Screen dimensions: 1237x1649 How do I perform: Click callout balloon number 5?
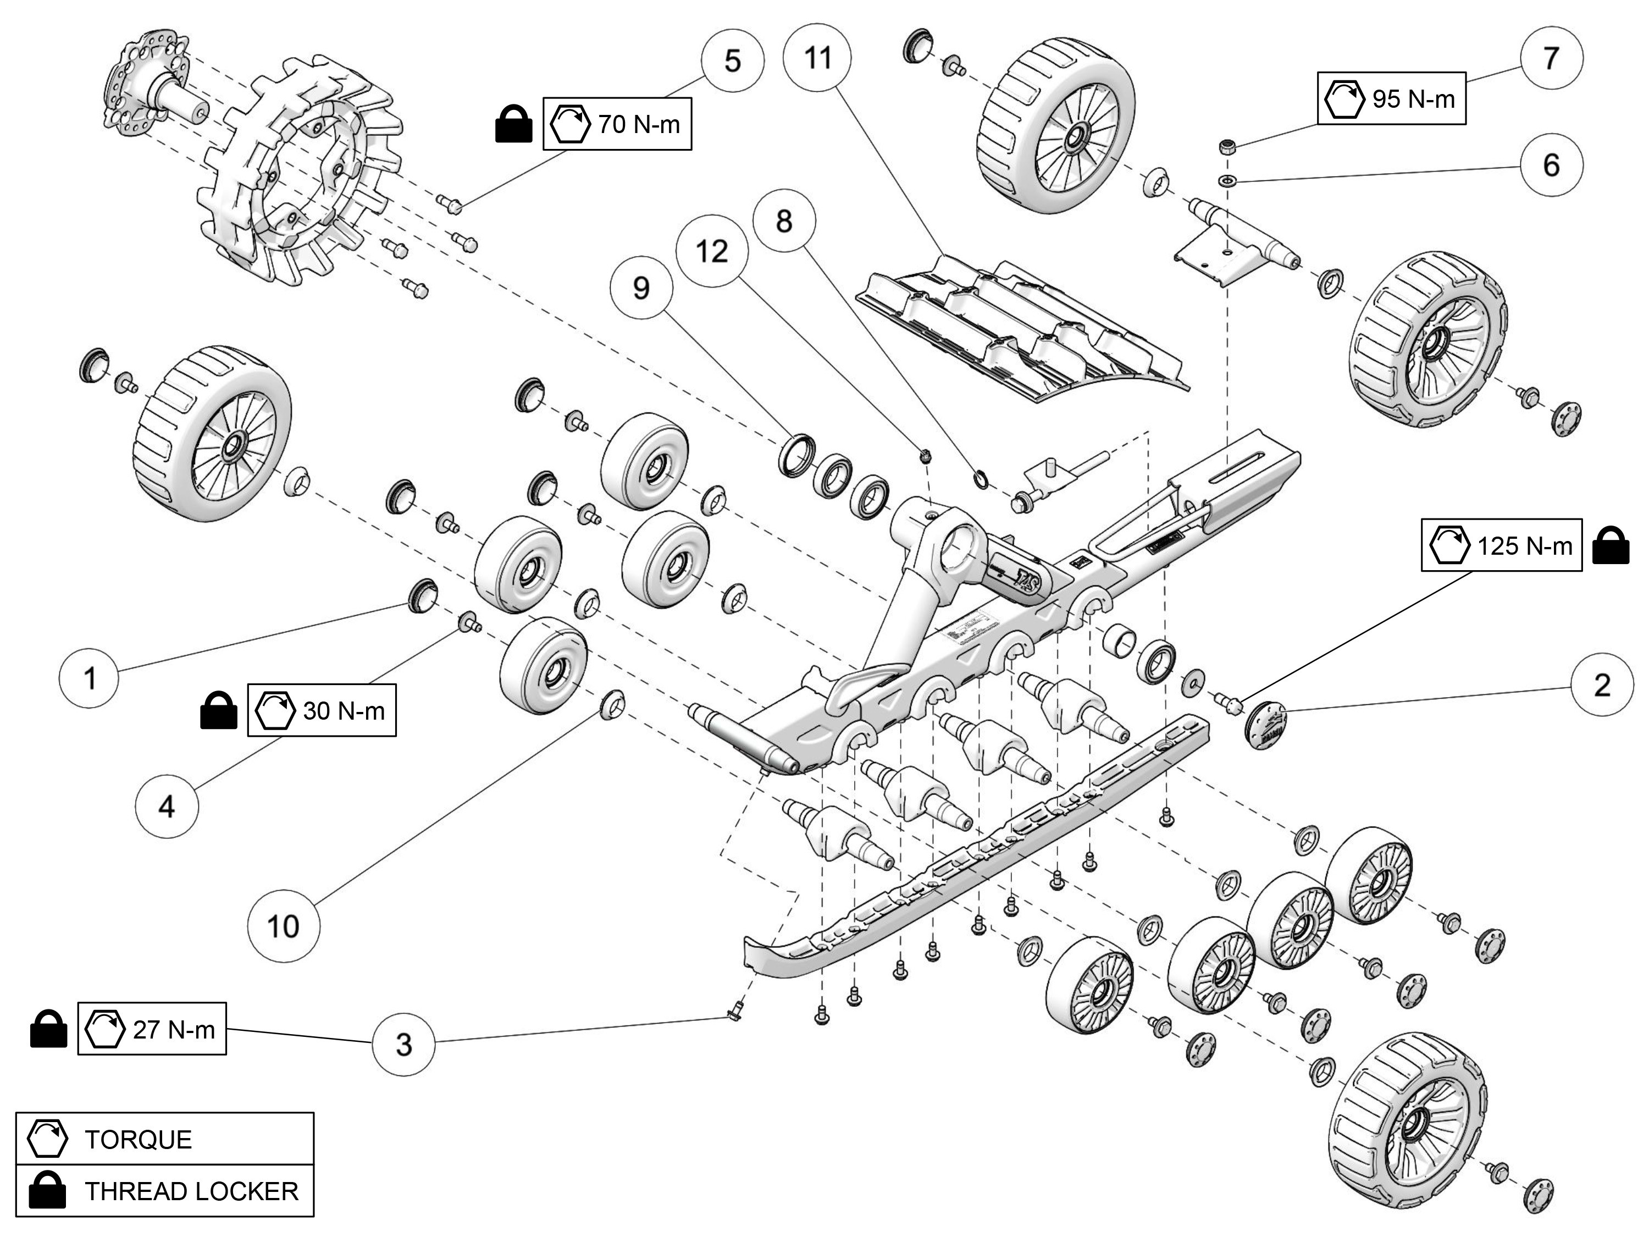732,61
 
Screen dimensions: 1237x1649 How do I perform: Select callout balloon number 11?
818,57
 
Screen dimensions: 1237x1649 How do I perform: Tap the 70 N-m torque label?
617,124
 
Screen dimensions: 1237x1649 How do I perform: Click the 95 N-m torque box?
1391,98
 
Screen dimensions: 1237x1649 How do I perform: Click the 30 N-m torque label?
322,710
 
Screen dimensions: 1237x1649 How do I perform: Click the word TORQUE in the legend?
138,1139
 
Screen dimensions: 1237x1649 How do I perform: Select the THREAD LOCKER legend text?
191,1191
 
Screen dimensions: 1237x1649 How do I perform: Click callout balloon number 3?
403,1044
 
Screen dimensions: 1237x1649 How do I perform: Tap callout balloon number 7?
1551,57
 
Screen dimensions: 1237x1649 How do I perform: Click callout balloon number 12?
711,251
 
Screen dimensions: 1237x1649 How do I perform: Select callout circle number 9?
641,288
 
